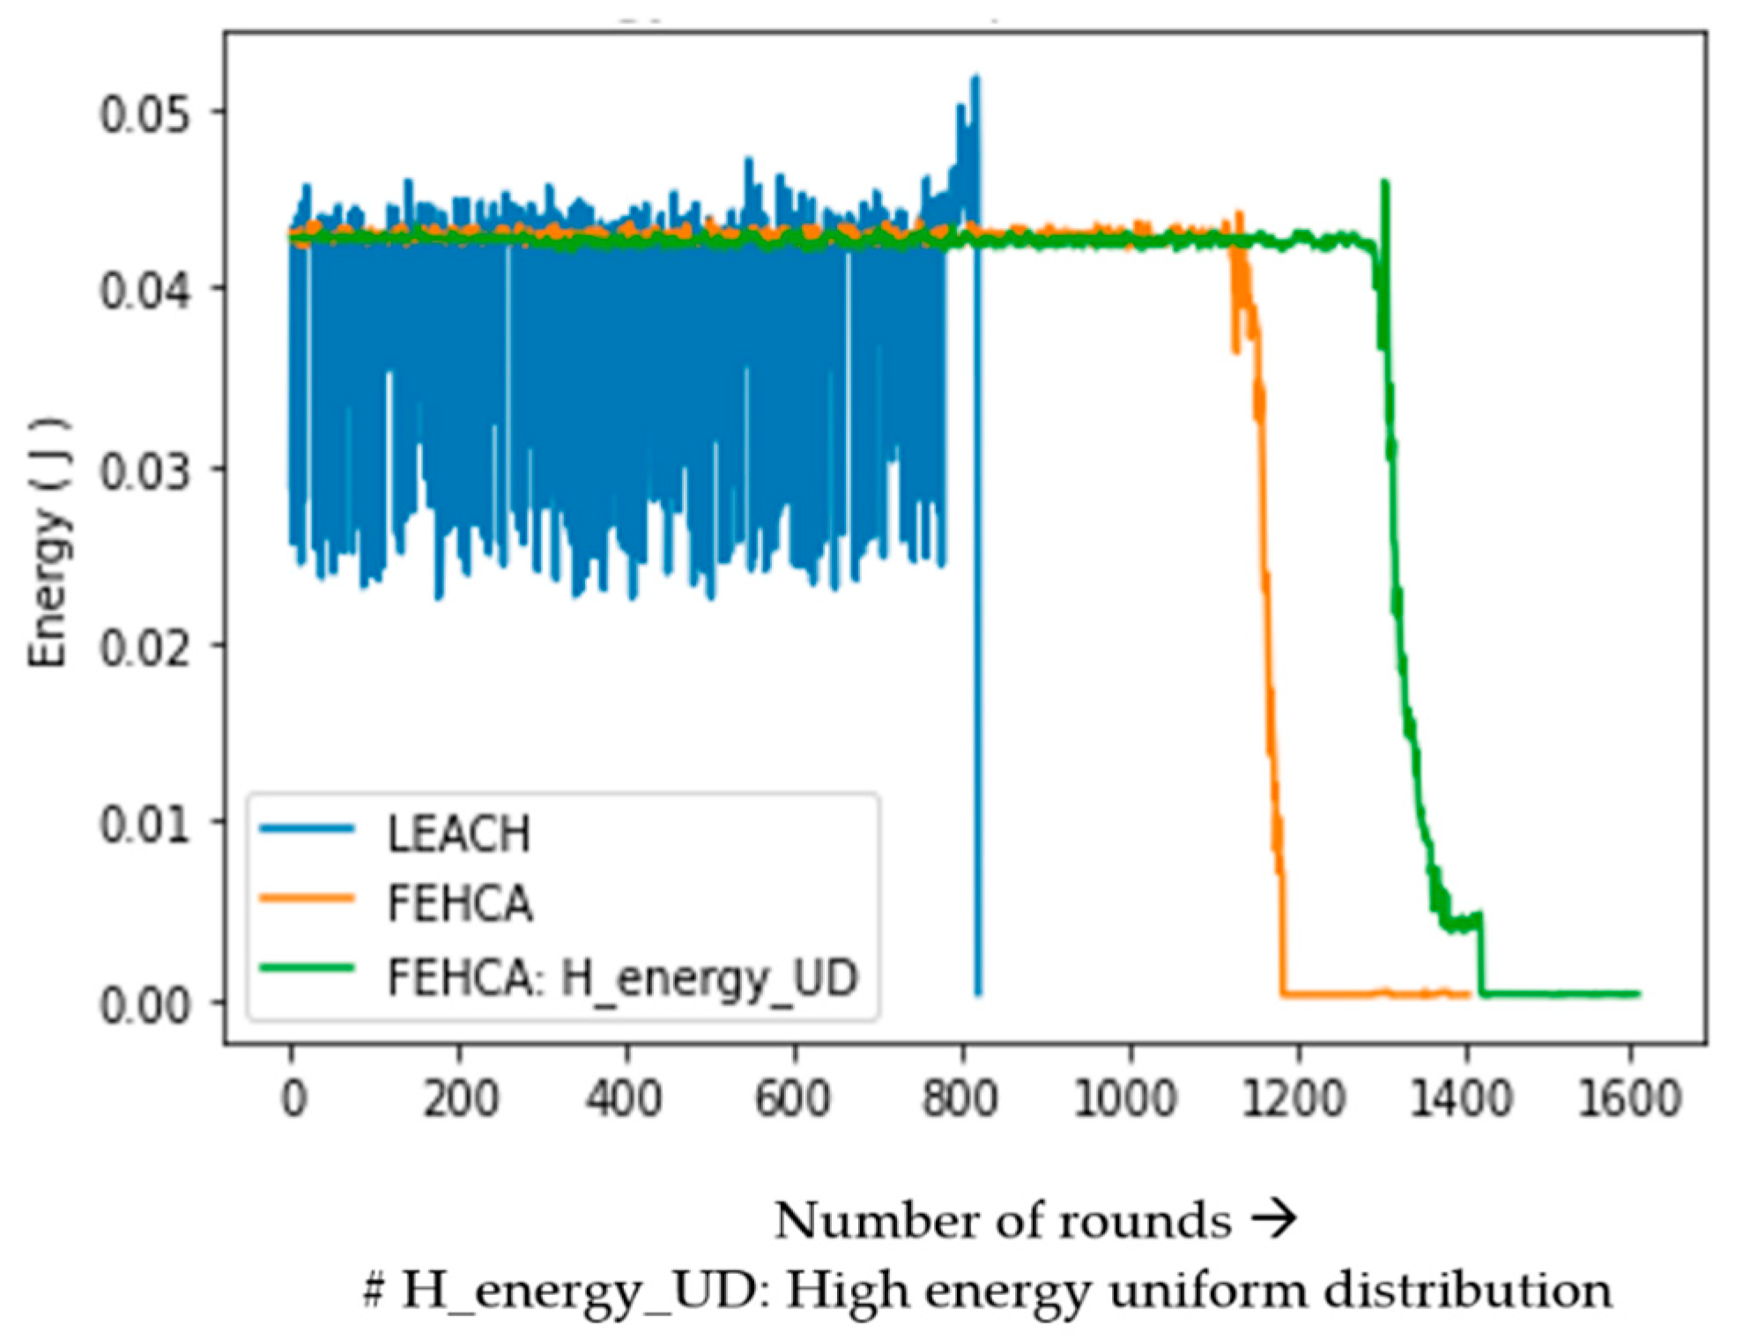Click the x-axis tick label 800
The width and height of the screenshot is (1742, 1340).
tap(960, 1099)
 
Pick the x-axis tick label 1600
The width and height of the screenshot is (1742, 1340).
tap(1629, 1099)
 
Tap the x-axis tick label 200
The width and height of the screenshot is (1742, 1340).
tap(460, 1099)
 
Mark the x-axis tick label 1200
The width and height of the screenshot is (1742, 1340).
tap(1294, 1099)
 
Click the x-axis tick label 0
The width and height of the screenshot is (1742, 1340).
tap(293, 1099)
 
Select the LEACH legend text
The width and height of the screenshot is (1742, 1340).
tap(459, 833)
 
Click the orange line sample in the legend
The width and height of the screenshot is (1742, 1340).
tap(307, 899)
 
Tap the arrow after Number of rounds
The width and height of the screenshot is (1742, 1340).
tap(1274, 1218)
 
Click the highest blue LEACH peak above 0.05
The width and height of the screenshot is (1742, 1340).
tap(975, 79)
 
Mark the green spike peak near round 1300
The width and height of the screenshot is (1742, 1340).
tap(1384, 184)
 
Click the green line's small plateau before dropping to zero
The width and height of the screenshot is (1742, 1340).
tap(1463, 922)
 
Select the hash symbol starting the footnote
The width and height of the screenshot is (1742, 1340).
tap(374, 1291)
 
